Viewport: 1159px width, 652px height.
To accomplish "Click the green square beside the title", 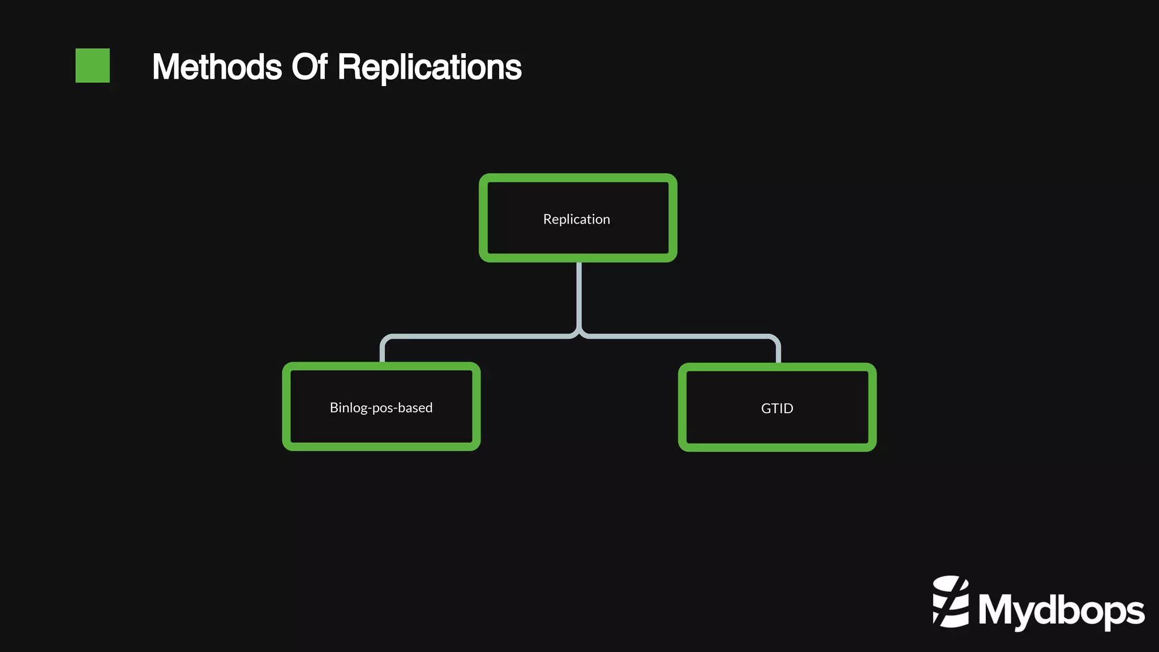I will coord(92,66).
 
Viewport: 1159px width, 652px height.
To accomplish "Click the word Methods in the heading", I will coord(217,67).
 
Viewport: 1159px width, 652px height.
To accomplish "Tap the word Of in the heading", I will coord(309,67).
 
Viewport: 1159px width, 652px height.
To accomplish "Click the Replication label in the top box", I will coord(577,219).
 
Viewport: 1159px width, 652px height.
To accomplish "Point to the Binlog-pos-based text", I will coord(381,407).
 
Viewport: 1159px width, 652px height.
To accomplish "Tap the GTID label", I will coord(777,408).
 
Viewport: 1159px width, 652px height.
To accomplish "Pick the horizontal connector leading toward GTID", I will coord(679,336).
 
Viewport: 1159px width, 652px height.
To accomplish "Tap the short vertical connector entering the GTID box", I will coord(778,352).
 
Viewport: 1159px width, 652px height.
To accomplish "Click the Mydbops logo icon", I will coord(951,602).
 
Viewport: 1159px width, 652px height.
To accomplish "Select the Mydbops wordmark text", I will coord(1061,611).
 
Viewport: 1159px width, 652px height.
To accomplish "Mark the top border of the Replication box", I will coord(578,178).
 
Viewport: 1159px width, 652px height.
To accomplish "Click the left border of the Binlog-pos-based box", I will coord(286,406).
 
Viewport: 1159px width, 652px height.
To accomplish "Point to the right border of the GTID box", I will coord(872,407).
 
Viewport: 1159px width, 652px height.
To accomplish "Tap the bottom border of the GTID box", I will coord(777,447).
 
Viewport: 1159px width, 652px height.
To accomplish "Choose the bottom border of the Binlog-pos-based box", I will coord(381,447).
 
